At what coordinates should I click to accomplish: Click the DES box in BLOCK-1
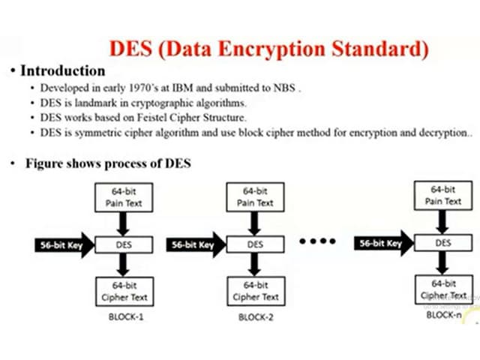click(x=124, y=244)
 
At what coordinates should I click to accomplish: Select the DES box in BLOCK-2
click(x=255, y=244)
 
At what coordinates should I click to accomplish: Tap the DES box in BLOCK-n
click(x=443, y=243)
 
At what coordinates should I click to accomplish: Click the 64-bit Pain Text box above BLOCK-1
click(x=124, y=197)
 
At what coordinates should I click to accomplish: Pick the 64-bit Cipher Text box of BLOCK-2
click(x=255, y=291)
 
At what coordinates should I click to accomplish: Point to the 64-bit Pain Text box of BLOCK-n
click(x=443, y=196)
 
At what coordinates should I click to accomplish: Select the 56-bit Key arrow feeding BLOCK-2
click(x=194, y=244)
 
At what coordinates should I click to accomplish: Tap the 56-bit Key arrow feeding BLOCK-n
click(x=383, y=243)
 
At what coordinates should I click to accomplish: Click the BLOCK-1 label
click(x=124, y=317)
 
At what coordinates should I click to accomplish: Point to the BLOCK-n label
click(x=444, y=315)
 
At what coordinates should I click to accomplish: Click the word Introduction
click(x=62, y=71)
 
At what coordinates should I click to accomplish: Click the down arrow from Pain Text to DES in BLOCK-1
click(x=124, y=223)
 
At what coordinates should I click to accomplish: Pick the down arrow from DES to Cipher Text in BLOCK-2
click(x=255, y=265)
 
